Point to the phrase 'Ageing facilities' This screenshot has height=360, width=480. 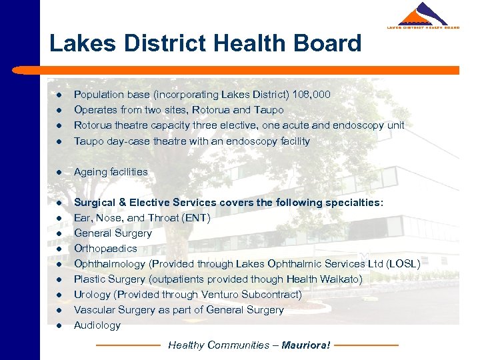coord(111,172)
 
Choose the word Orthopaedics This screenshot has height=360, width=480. coord(105,249)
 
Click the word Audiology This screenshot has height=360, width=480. coord(97,325)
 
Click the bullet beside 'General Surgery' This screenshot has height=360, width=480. coord(59,234)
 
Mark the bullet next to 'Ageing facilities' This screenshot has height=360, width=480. coord(59,173)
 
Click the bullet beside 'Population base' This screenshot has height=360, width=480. coord(59,95)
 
